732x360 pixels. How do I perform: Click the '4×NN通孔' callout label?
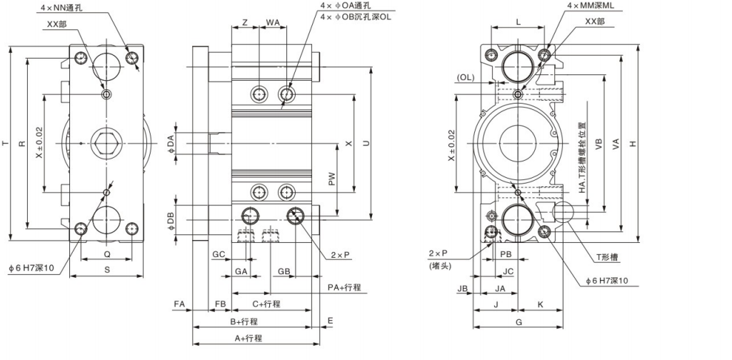pos(63,8)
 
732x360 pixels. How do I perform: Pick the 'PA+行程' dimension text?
pos(344,287)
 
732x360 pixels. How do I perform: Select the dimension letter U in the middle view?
pos(366,143)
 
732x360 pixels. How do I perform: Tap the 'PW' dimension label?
pos(332,181)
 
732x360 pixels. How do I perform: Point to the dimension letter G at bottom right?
pos(519,322)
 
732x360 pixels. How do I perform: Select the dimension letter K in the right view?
pos(540,304)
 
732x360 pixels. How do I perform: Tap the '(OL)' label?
pos(466,77)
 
